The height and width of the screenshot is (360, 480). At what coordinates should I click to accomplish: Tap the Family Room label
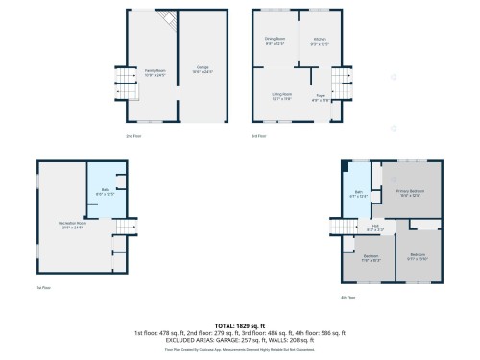point(155,71)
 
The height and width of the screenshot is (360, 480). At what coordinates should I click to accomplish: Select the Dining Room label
point(275,40)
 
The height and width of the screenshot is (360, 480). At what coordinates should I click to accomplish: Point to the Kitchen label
point(319,40)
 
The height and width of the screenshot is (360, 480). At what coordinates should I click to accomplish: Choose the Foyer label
point(320,96)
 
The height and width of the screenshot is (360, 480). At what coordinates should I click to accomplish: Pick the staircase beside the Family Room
point(123,79)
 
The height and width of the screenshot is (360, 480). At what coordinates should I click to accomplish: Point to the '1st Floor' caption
point(43,287)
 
